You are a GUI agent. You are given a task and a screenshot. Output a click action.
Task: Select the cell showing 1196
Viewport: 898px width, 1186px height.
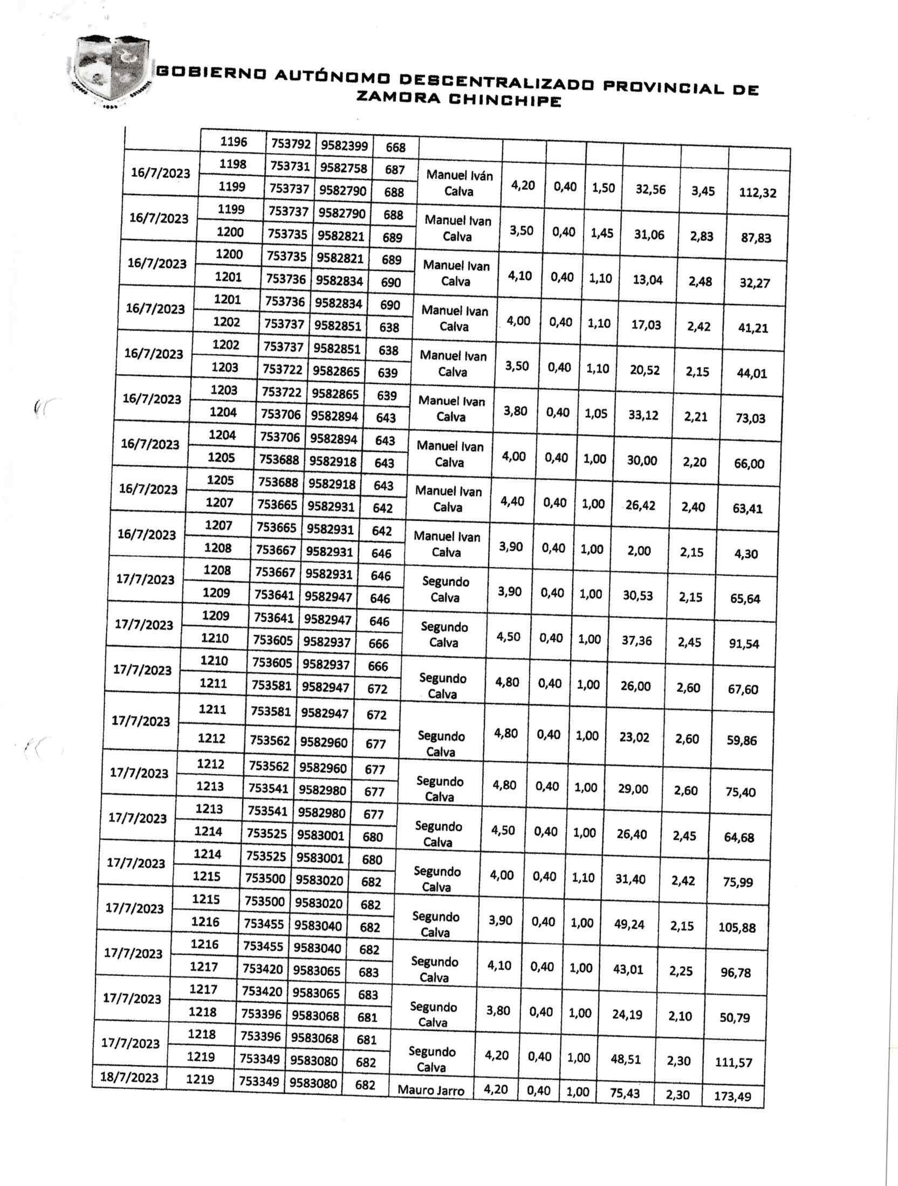(x=234, y=142)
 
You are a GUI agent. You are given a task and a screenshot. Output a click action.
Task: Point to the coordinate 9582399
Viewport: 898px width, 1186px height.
(x=344, y=146)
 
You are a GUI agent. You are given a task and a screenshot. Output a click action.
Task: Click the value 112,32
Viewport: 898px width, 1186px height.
(x=758, y=192)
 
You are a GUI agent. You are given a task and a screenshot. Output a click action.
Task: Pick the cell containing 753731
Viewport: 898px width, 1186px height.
(x=290, y=167)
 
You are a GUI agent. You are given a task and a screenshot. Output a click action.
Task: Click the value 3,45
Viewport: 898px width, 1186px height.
(x=703, y=191)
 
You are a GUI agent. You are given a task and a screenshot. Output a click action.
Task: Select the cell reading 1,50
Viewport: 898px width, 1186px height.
(x=603, y=188)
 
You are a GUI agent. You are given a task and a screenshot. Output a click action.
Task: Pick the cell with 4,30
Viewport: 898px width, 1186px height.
(x=746, y=554)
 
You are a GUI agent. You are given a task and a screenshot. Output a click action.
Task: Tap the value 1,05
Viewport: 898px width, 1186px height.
(x=595, y=413)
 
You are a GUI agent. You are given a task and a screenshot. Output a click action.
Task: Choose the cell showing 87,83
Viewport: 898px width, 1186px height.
(x=756, y=238)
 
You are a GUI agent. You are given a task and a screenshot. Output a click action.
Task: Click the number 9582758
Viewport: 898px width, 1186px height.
(x=344, y=168)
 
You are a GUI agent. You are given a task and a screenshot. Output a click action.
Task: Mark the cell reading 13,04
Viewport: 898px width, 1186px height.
(x=648, y=280)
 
